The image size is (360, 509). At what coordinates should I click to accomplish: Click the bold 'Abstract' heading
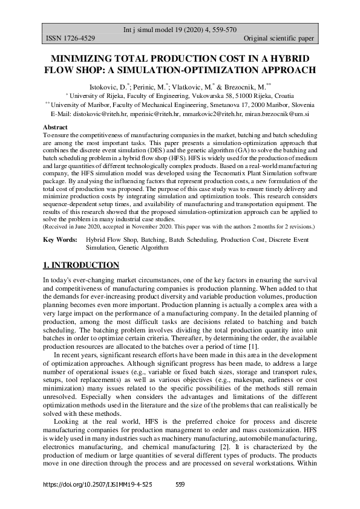[55, 128]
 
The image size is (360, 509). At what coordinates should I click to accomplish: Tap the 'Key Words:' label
[60, 240]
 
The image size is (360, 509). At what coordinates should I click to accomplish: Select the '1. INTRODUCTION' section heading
[81, 265]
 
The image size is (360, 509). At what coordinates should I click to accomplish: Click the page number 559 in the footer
[180, 485]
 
